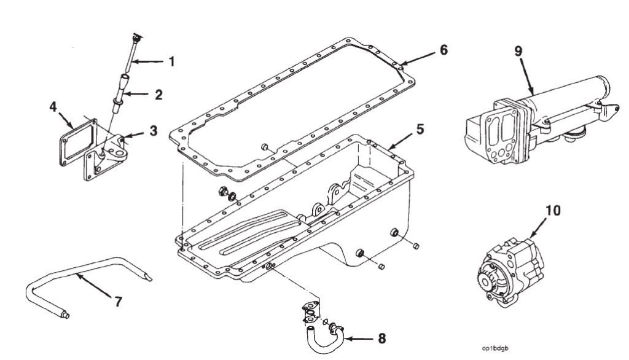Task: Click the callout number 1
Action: [x=172, y=61]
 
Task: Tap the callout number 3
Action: [x=153, y=131]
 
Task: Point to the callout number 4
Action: [x=53, y=108]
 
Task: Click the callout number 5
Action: [x=420, y=130]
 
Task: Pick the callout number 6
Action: [x=443, y=50]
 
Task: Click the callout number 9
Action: [x=518, y=51]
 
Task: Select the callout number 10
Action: [x=553, y=211]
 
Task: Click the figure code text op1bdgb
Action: [x=496, y=348]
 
